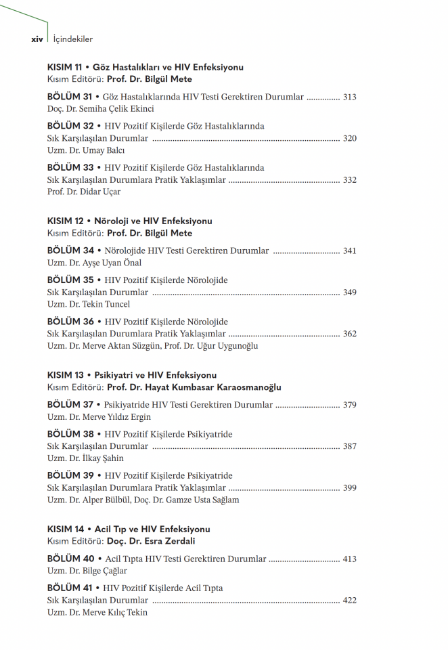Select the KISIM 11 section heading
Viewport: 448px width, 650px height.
tap(145, 67)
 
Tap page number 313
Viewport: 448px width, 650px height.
tap(349, 97)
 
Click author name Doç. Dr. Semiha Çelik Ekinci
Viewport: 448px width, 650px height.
tap(100, 108)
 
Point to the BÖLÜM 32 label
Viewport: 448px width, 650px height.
tap(70, 126)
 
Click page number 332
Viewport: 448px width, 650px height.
tap(349, 180)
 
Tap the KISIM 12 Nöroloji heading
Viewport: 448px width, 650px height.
tap(130, 221)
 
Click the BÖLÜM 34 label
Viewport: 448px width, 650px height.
tap(70, 251)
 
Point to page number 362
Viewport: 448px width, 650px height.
tap(349, 334)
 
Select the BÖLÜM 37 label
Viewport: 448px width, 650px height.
tap(70, 405)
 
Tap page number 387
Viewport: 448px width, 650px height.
tap(349, 446)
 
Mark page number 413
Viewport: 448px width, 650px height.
tap(349, 559)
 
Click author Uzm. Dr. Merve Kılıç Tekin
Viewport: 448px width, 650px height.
tap(97, 612)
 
